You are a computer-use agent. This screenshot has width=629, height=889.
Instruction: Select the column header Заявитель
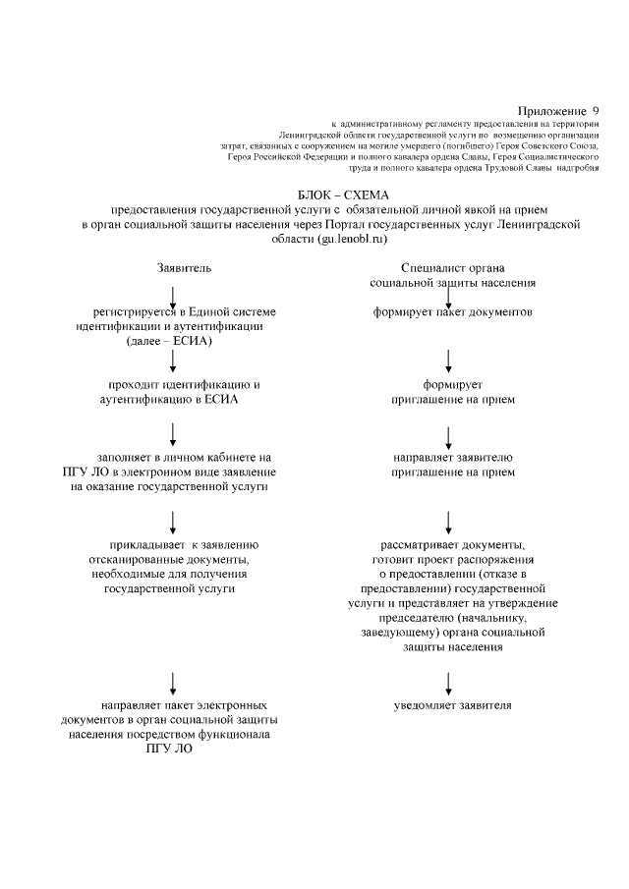point(184,267)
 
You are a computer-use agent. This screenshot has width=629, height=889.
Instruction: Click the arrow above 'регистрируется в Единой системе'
point(173,294)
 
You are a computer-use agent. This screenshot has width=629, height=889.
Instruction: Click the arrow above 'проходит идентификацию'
point(173,361)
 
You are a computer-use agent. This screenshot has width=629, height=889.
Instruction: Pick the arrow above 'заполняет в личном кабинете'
point(173,432)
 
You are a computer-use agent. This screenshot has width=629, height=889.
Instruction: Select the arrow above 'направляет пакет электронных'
point(173,682)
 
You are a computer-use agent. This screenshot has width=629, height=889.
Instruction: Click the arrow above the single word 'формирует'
point(449,361)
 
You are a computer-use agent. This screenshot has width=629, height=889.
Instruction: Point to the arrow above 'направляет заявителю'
point(449,435)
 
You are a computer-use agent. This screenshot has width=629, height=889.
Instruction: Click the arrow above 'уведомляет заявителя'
point(449,682)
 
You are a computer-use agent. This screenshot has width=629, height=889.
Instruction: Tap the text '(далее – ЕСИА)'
point(170,340)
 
